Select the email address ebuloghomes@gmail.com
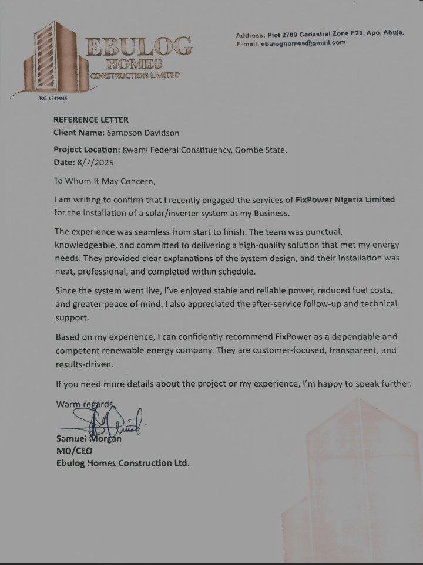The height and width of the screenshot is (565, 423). pyautogui.click(x=304, y=43)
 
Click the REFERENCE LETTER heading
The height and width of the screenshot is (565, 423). pyautogui.click(x=91, y=120)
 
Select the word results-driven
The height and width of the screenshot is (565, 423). pyautogui.click(x=83, y=364)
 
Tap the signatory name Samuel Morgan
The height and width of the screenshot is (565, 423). pyautogui.click(x=88, y=439)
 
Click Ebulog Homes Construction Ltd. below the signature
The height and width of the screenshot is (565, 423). pyautogui.click(x=122, y=463)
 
